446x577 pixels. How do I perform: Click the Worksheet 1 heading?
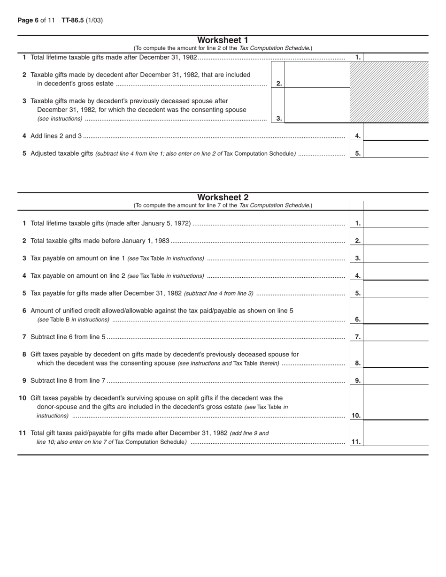click(223, 40)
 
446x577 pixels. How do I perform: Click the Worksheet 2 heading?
click(223, 197)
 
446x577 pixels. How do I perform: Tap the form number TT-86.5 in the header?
click(72, 20)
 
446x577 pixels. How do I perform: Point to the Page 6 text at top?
click(28, 20)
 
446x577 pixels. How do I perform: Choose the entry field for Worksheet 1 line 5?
click(396, 151)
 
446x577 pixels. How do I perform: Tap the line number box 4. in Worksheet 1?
click(357, 136)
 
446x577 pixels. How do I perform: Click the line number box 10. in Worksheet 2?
click(356, 416)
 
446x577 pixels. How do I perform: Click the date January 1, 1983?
click(146, 241)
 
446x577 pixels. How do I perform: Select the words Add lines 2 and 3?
click(56, 136)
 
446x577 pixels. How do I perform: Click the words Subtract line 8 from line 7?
click(68, 380)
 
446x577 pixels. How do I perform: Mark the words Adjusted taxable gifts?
click(62, 153)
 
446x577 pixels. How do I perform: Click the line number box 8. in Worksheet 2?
click(357, 363)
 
